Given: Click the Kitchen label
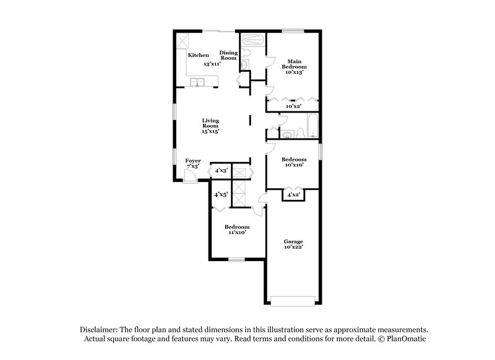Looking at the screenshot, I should coord(199,55).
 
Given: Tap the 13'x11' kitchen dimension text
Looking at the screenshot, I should coord(213,64).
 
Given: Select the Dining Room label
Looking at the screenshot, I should coord(228,55).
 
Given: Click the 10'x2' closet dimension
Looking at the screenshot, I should coord(293,106).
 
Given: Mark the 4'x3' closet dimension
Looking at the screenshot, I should coord(221,170).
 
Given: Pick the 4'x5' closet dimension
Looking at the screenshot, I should coord(220,194).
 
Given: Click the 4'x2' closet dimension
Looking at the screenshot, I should coord(293,195).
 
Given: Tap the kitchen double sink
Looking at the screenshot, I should coord(198,81).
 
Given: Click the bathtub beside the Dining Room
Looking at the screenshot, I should coord(252,40).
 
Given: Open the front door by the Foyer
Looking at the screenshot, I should coord(189,178).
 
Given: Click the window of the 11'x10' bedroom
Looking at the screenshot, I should coord(236,259).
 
